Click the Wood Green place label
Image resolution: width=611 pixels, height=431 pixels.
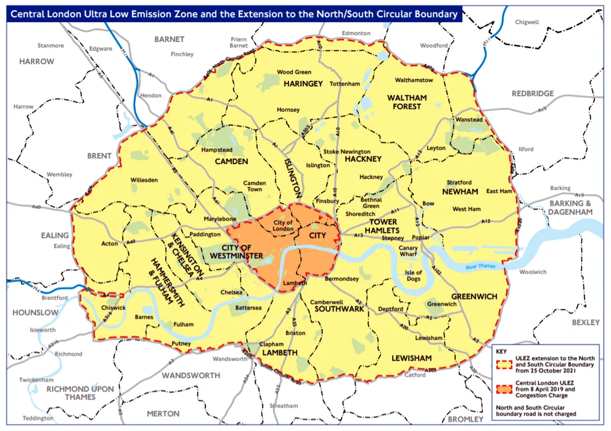(294, 72)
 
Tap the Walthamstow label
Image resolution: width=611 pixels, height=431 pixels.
(414, 80)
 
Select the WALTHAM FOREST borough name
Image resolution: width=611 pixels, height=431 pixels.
(407, 102)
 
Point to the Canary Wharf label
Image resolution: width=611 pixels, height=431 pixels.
(409, 251)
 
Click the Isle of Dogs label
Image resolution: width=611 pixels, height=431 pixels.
(413, 276)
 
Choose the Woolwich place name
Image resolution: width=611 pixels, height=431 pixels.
(532, 272)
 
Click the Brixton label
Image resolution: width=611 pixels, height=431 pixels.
(295, 333)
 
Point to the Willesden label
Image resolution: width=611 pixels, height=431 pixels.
(144, 180)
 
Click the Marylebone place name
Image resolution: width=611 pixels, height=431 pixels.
(219, 219)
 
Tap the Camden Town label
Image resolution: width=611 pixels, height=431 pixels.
(254, 186)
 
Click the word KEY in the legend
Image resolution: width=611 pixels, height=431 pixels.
(502, 351)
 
